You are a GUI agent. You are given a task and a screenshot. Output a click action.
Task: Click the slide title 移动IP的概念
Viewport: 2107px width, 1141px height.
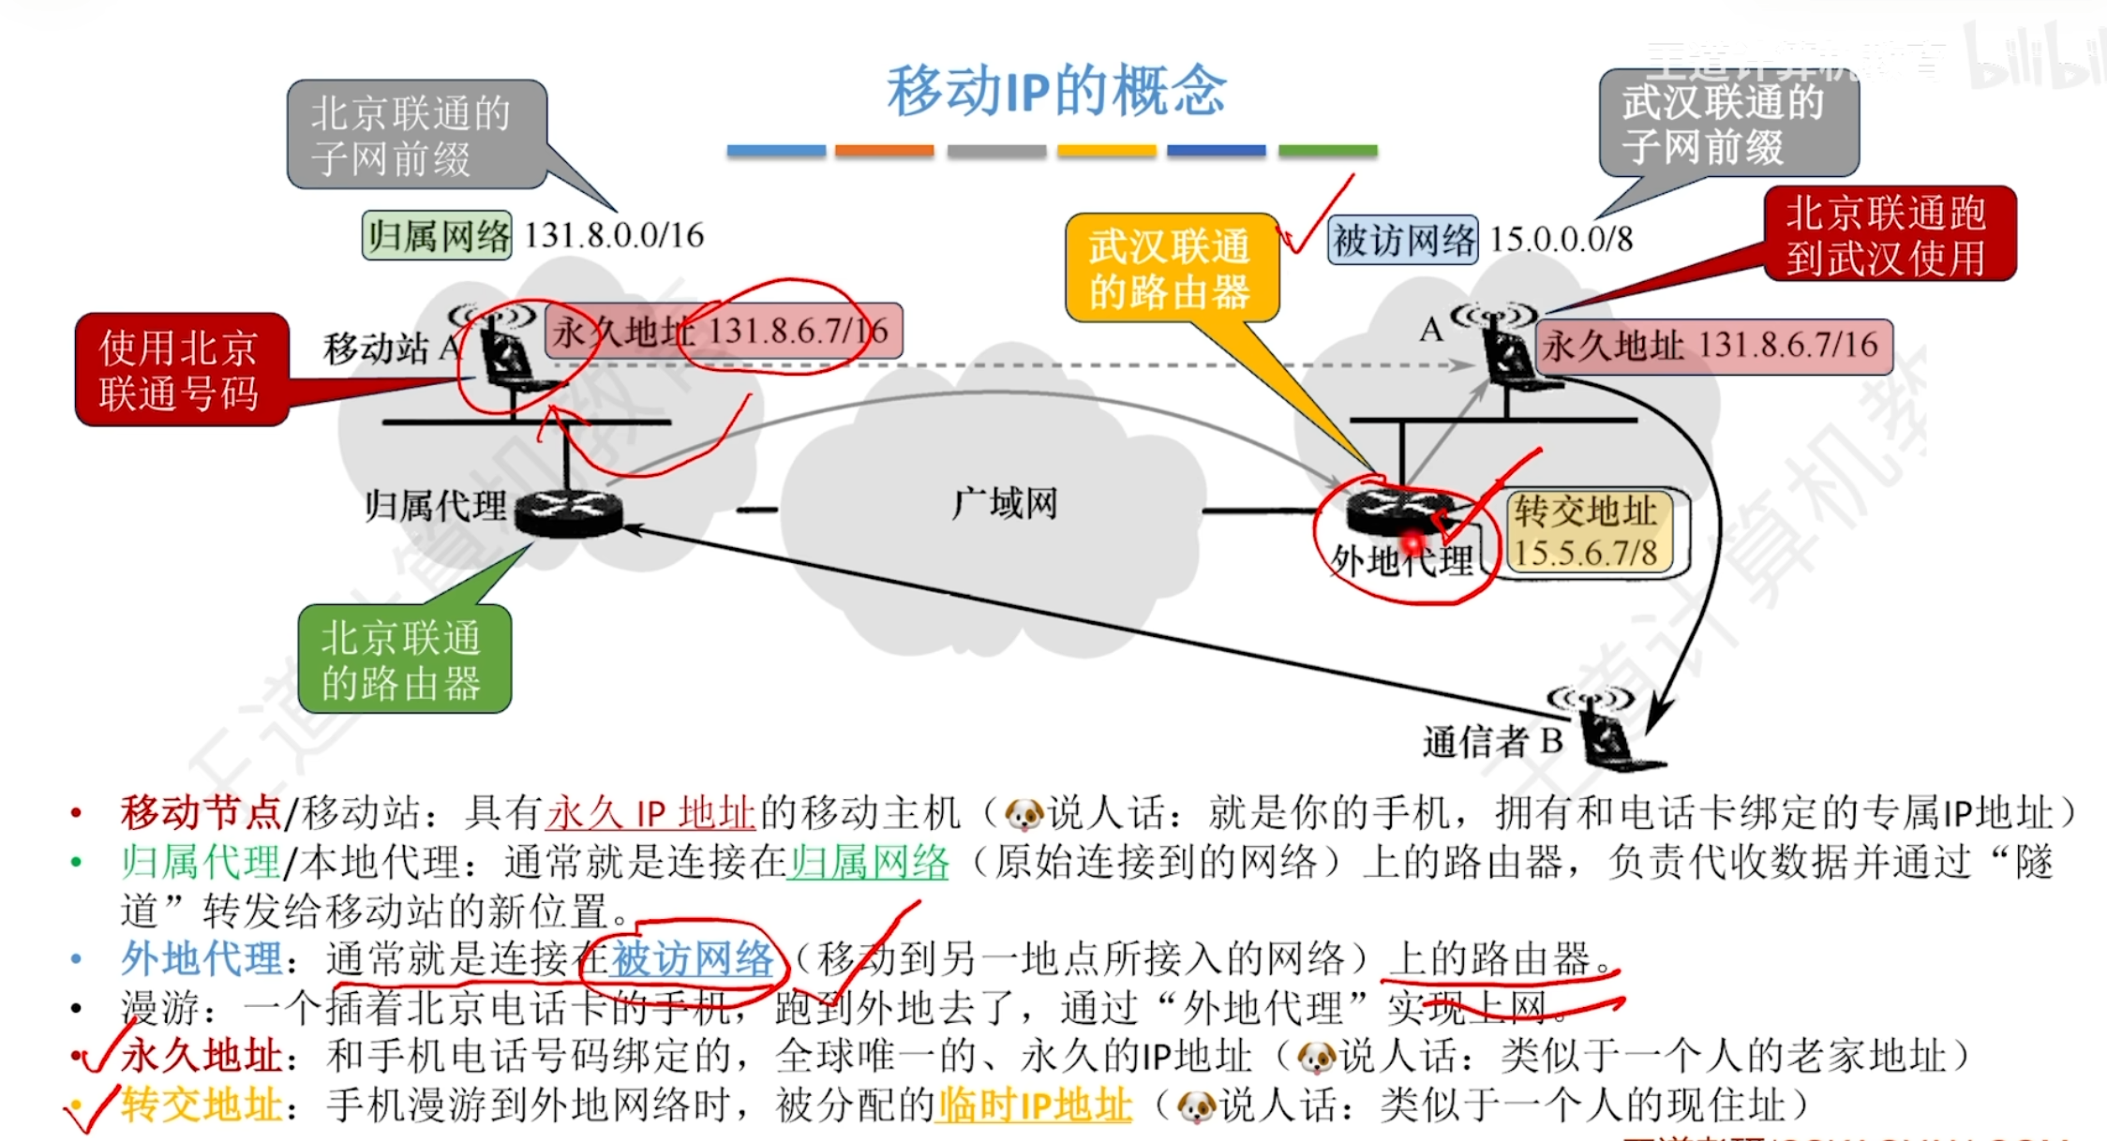(1055, 92)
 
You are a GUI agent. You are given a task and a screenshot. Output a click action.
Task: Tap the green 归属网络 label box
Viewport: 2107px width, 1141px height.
(437, 235)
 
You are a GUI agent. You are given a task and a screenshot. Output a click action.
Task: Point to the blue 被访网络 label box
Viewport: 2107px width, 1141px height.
(1403, 240)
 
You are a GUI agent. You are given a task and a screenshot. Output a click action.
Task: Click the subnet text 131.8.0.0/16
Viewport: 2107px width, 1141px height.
(614, 235)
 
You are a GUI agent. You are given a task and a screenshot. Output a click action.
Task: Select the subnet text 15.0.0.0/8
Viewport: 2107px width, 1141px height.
(1561, 239)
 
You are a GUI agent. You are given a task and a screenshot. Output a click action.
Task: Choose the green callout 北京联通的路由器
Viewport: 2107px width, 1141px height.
(403, 659)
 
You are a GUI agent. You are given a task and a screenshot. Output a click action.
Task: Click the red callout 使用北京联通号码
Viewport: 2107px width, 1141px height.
(181, 370)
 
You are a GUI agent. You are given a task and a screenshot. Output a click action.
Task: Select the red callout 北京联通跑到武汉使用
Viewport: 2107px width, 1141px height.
(1889, 234)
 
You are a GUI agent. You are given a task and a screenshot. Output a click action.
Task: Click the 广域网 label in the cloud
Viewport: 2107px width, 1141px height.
(1005, 503)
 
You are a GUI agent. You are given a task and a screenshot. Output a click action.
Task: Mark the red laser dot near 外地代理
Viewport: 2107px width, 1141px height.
(1412, 541)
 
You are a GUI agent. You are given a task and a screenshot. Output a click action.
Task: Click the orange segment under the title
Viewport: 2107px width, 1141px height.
(884, 150)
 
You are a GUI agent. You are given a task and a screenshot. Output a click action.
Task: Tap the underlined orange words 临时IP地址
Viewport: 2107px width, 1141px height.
(1035, 1105)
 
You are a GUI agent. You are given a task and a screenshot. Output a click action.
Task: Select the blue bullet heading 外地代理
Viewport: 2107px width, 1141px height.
(202, 958)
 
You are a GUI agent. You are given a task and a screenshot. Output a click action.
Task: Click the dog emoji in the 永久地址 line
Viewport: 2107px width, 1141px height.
(1316, 1058)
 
